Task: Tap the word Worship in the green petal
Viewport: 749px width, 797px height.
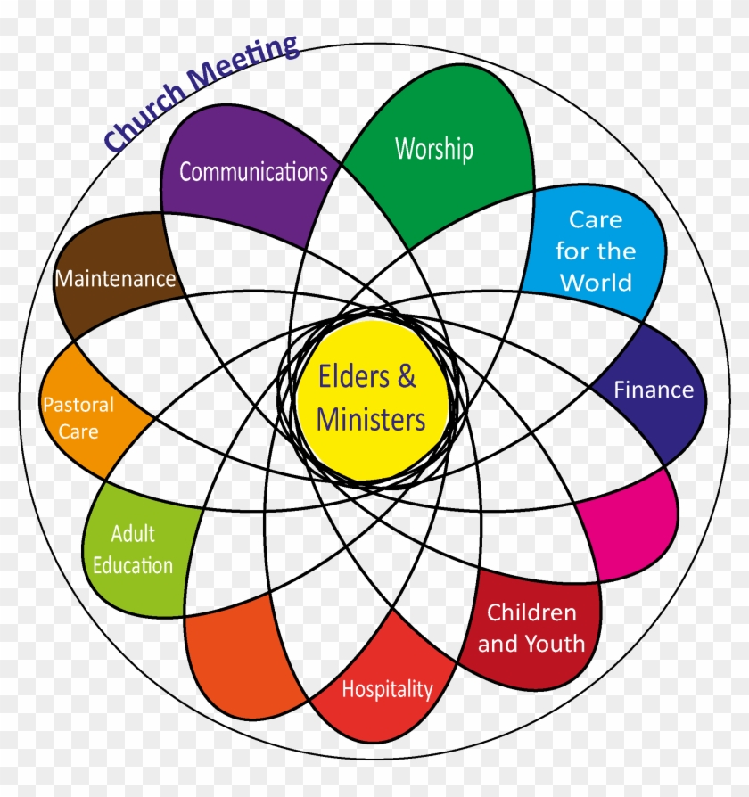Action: click(433, 148)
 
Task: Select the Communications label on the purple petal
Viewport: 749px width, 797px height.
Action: click(253, 172)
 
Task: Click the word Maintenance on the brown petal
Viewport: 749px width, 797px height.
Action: click(116, 279)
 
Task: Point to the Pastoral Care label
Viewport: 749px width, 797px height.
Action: click(79, 418)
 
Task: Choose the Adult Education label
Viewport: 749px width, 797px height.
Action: click(133, 549)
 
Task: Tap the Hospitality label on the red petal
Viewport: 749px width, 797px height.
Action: click(387, 689)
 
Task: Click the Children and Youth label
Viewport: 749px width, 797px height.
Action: click(531, 628)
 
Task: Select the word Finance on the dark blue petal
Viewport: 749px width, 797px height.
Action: click(654, 390)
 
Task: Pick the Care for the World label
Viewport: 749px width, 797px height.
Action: click(596, 251)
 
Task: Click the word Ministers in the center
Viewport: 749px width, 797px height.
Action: click(371, 419)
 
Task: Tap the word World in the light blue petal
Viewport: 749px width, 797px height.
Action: click(596, 283)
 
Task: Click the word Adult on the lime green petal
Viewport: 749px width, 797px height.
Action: click(133, 534)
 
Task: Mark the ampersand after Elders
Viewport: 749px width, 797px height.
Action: click(406, 377)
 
